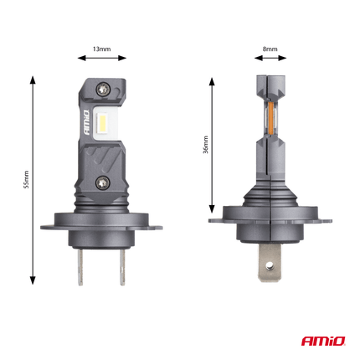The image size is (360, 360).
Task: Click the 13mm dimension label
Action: click(101, 49)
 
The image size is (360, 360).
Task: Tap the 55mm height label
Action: click(26, 181)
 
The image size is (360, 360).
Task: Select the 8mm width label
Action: click(270, 49)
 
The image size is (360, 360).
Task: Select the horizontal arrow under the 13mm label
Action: click(101, 59)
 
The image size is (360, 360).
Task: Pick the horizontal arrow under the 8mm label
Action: click(270, 59)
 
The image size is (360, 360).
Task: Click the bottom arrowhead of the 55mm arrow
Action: click(33, 285)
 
